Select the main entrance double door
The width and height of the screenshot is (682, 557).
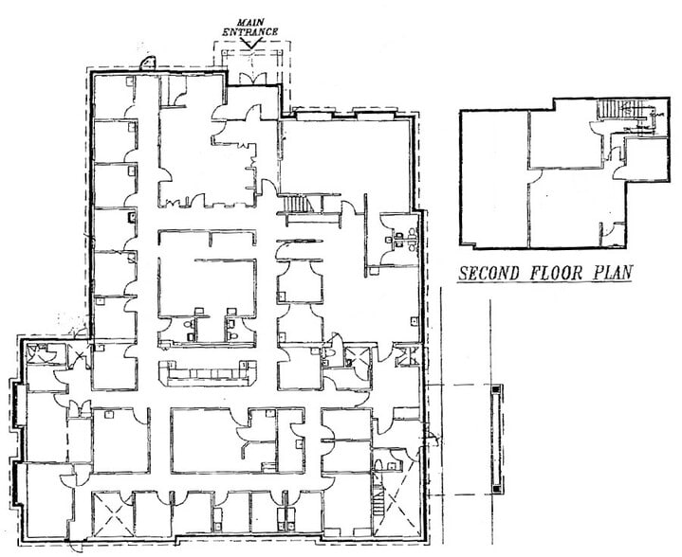click(x=253, y=76)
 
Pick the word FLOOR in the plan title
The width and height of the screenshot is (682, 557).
click(x=555, y=275)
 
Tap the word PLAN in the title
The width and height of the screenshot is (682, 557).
click(x=610, y=275)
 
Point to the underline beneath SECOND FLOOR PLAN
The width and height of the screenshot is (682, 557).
click(x=545, y=285)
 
